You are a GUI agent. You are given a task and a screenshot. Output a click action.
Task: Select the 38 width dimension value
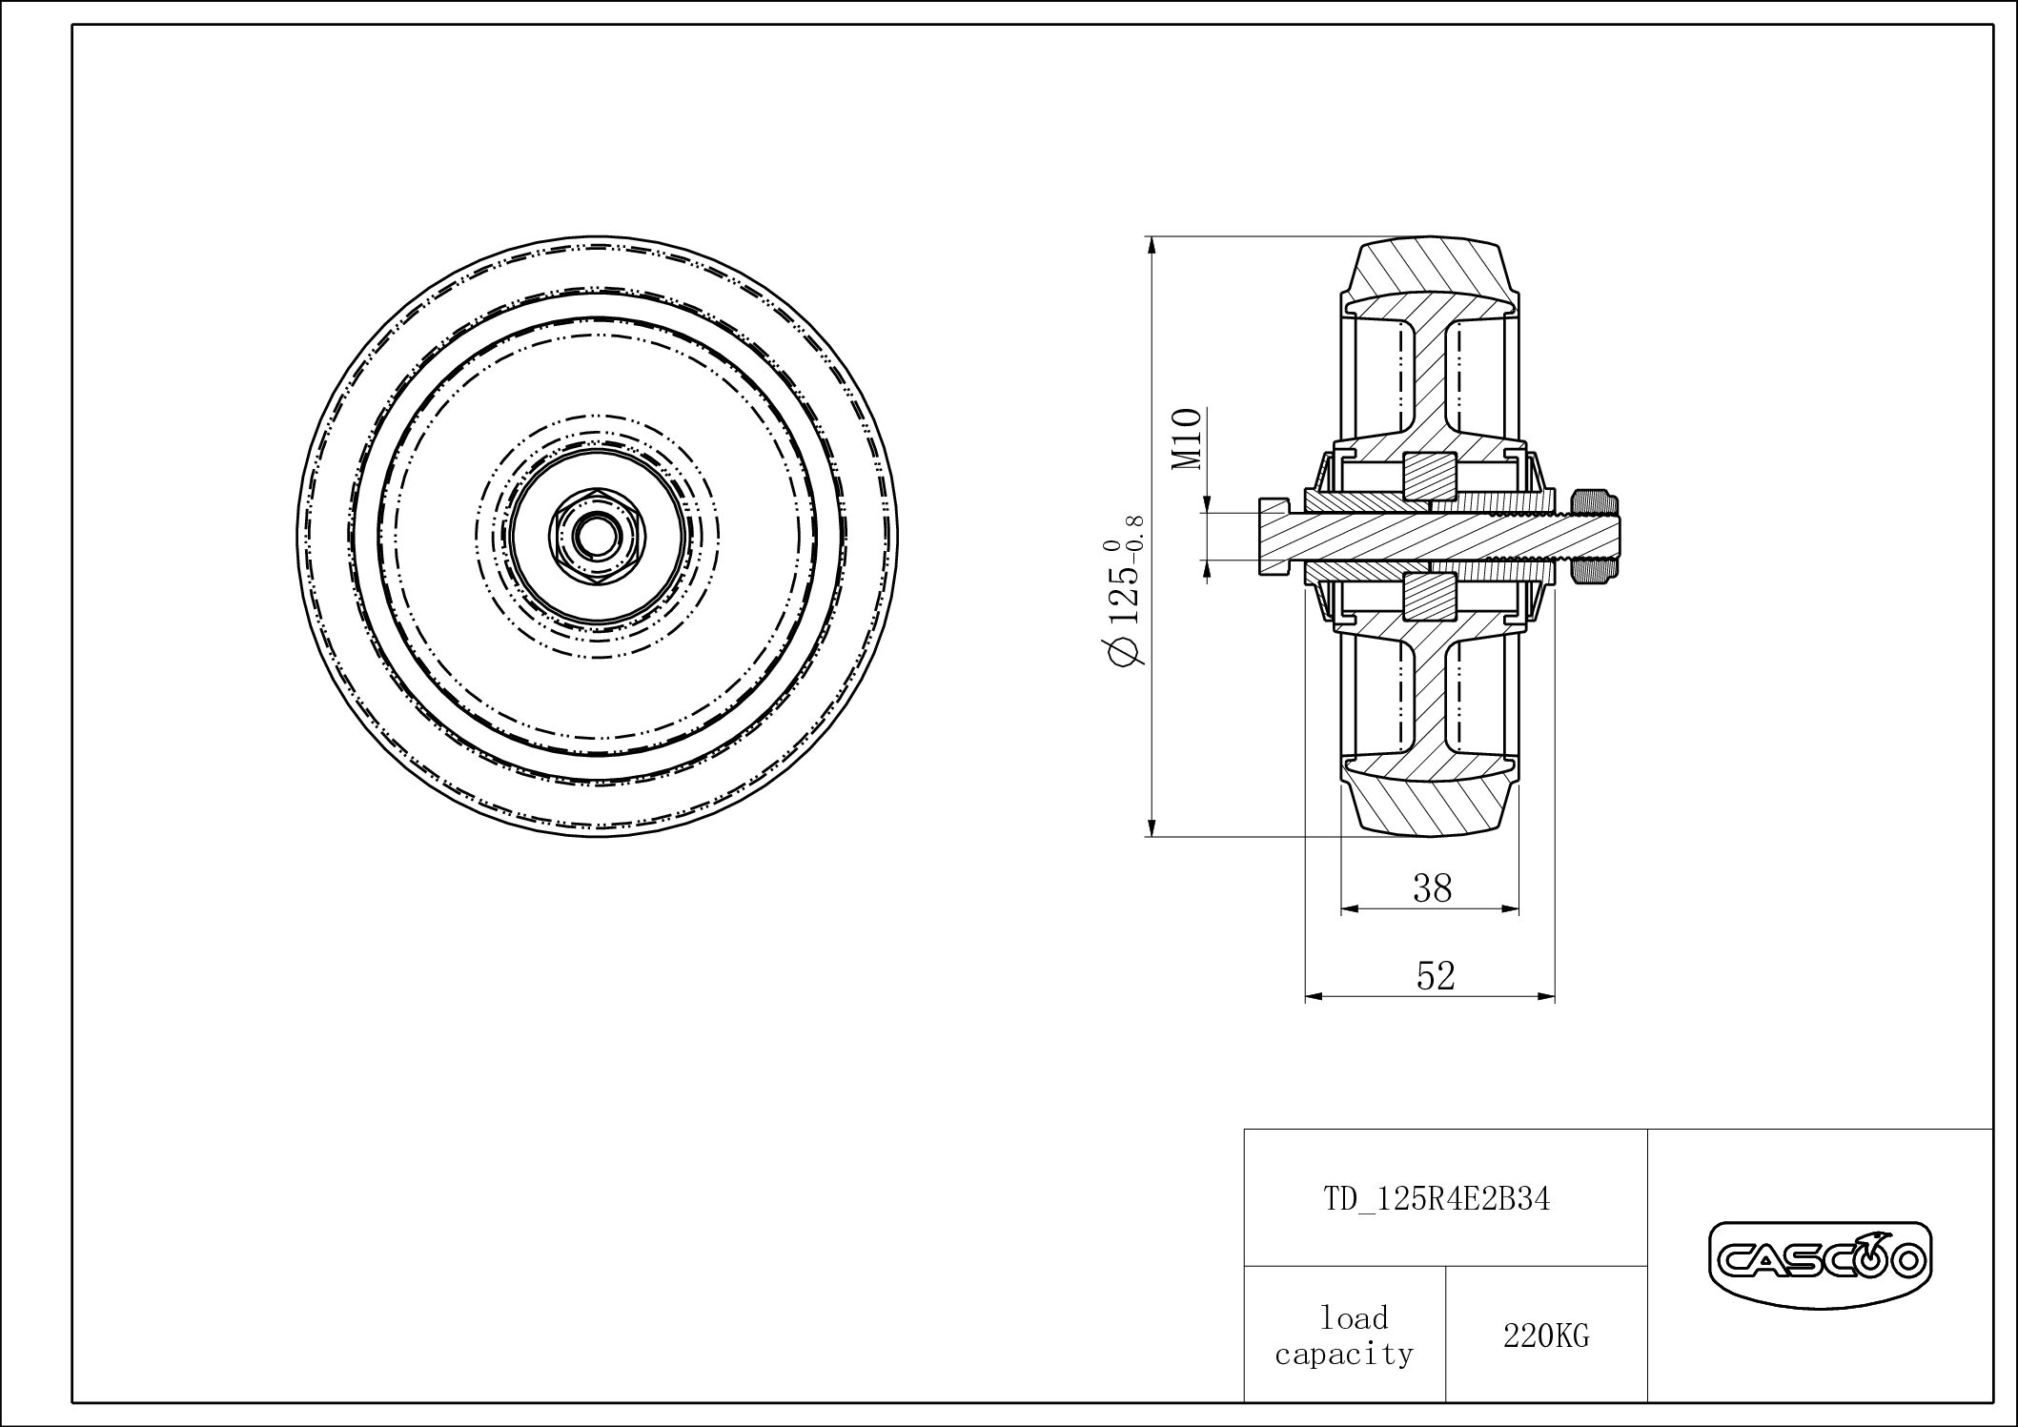tap(1432, 888)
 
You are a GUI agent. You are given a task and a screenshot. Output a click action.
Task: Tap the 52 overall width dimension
tap(1436, 976)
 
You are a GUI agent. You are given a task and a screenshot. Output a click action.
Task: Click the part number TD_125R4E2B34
tap(1437, 1199)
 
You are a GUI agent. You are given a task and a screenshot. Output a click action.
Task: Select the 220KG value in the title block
tap(1546, 1336)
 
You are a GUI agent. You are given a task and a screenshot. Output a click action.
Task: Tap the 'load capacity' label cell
tap(1344, 1335)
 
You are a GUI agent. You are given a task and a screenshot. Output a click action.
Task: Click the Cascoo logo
tap(1818, 1260)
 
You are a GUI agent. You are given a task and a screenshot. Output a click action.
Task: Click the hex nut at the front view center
tap(596, 536)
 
